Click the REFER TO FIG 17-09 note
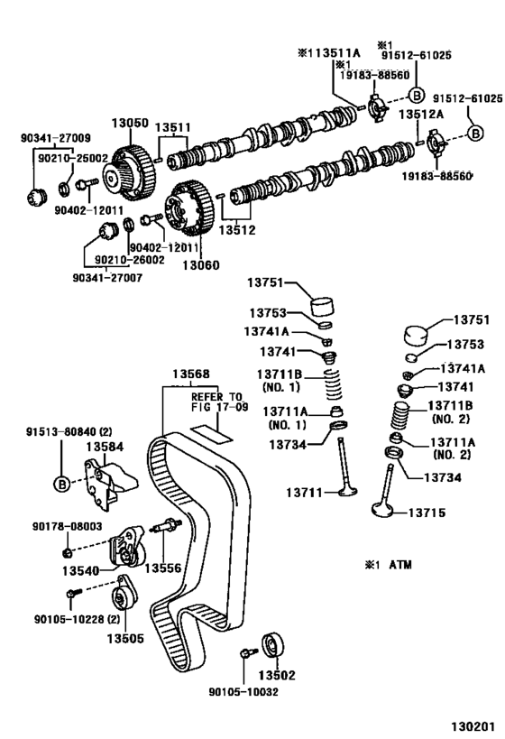click(x=216, y=402)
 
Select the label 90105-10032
click(x=243, y=692)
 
